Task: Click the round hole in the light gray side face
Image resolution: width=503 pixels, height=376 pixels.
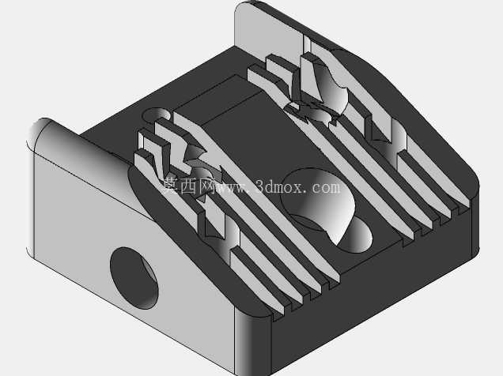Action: point(134,278)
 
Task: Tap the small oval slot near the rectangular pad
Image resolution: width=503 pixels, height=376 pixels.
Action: point(157,115)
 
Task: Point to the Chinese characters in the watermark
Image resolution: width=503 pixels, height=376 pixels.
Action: point(188,186)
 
